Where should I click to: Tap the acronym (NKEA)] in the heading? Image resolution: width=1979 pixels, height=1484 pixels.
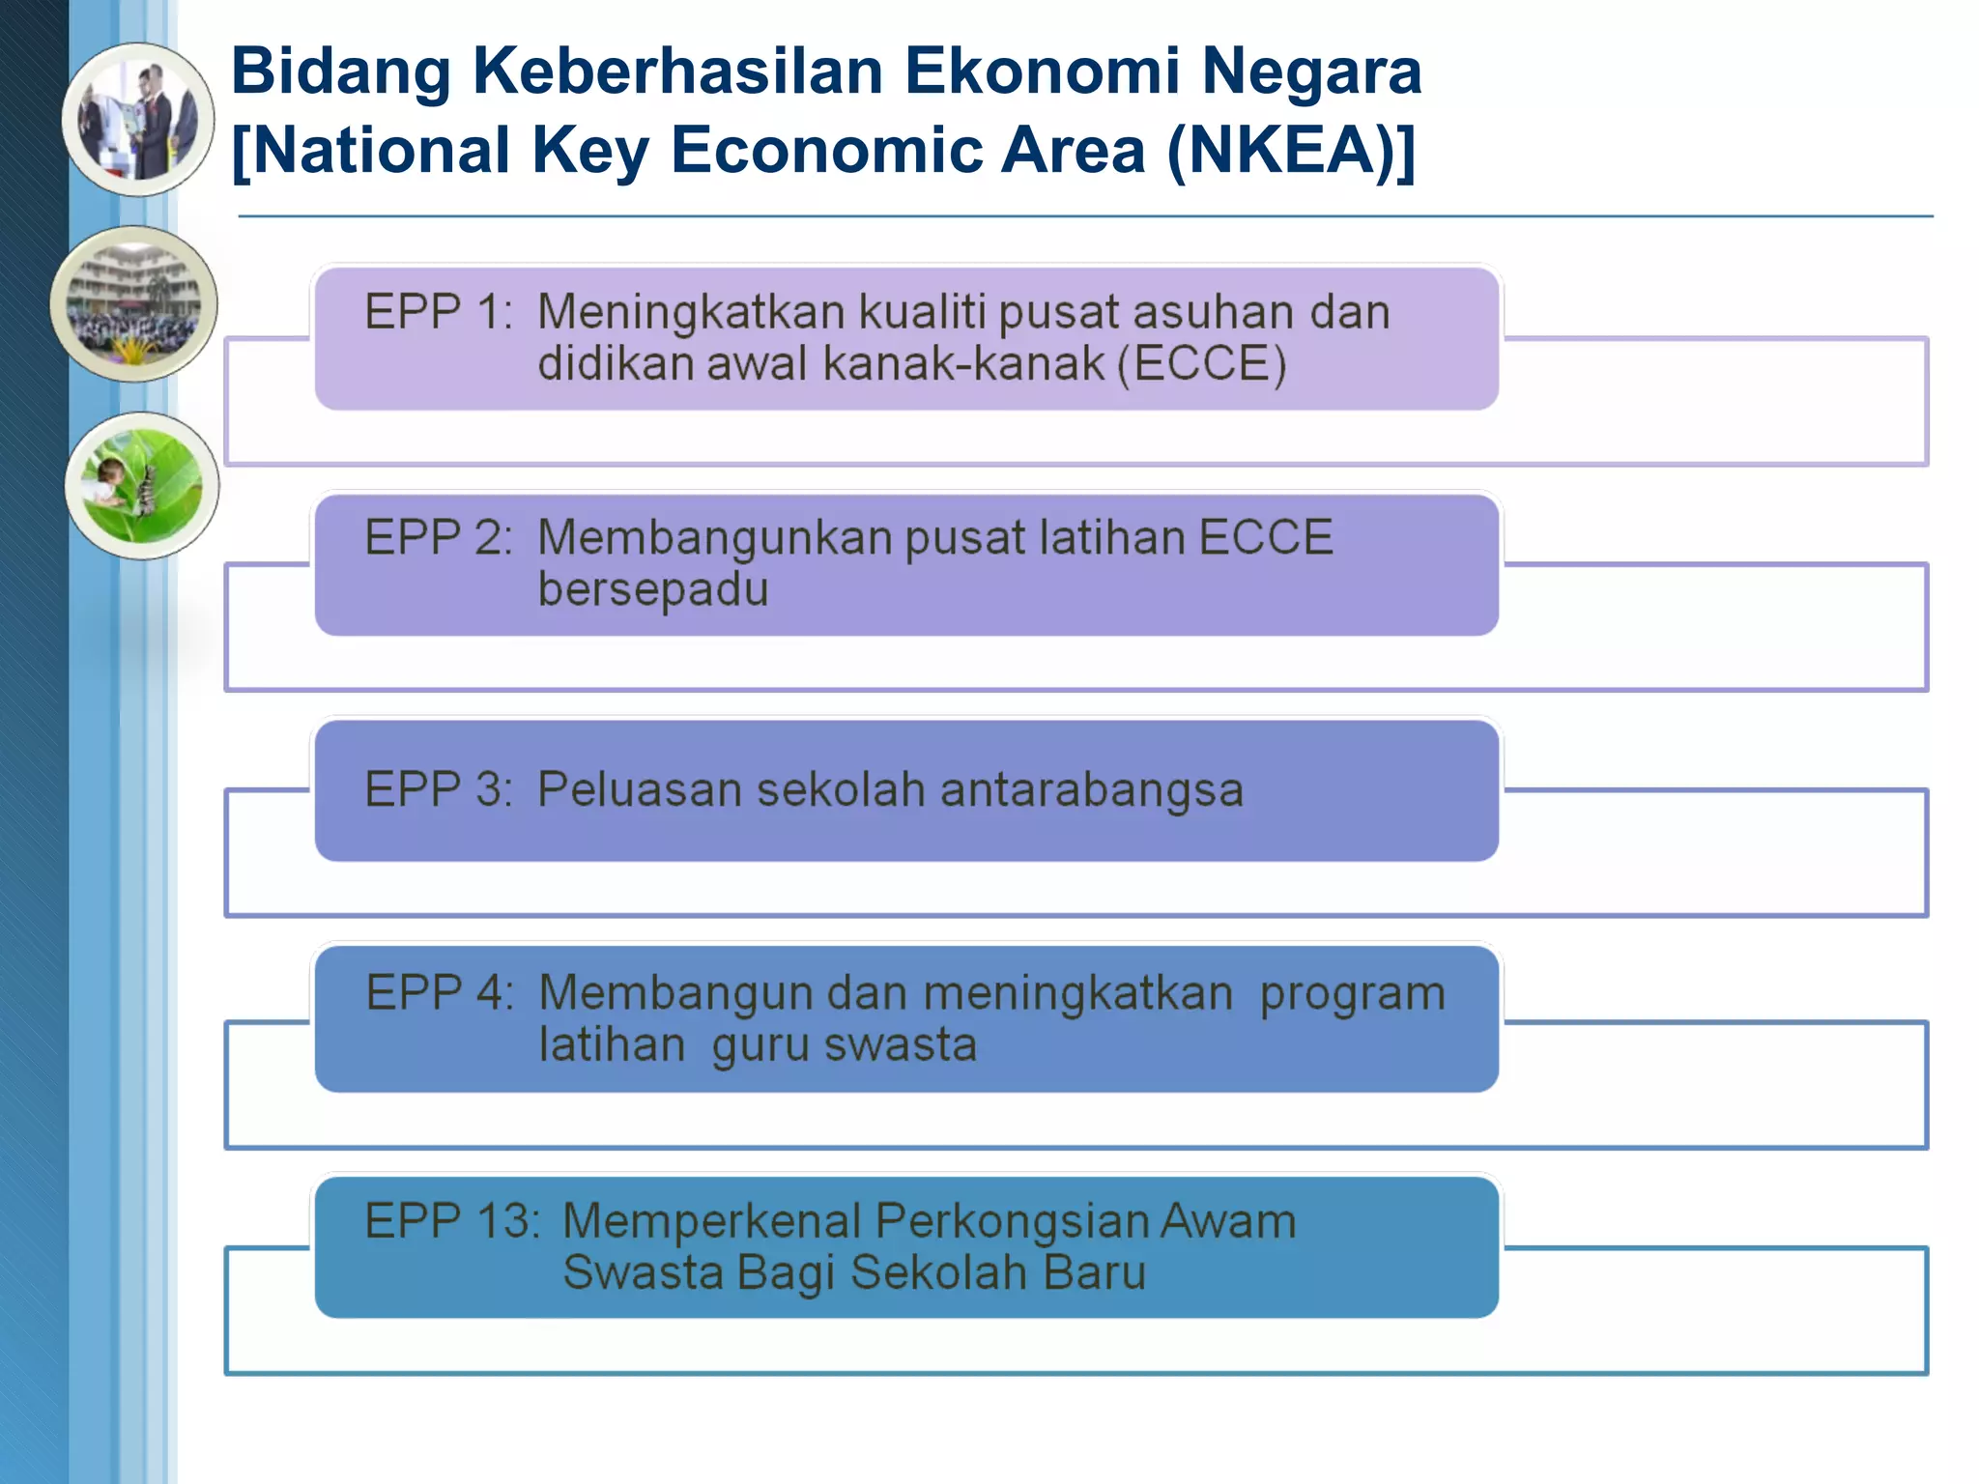pos(1291,152)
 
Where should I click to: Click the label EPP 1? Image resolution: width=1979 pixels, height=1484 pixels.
pos(439,312)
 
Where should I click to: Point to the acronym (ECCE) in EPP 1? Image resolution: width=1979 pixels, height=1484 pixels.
pos(1202,364)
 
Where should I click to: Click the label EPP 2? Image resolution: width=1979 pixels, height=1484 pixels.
pos(439,537)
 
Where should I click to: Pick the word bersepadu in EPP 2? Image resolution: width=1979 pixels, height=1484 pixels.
pos(653,589)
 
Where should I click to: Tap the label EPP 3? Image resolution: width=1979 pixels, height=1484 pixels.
pos(439,789)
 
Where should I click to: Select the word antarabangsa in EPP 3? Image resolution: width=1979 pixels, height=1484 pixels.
pos(1091,789)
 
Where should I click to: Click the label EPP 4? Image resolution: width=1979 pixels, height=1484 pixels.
pos(440,992)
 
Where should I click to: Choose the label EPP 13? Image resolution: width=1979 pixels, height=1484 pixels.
pos(451,1220)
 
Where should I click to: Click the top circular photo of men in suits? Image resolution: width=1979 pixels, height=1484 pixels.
pos(139,120)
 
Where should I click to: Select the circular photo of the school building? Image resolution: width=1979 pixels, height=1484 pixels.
pos(134,303)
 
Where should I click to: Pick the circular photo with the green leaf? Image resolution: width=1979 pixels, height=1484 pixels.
pos(142,486)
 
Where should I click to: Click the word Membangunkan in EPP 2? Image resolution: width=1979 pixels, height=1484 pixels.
pos(714,538)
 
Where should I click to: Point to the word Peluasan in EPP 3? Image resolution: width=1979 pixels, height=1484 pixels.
pos(639,789)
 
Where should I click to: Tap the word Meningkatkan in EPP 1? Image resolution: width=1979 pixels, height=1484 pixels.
pos(691,312)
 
